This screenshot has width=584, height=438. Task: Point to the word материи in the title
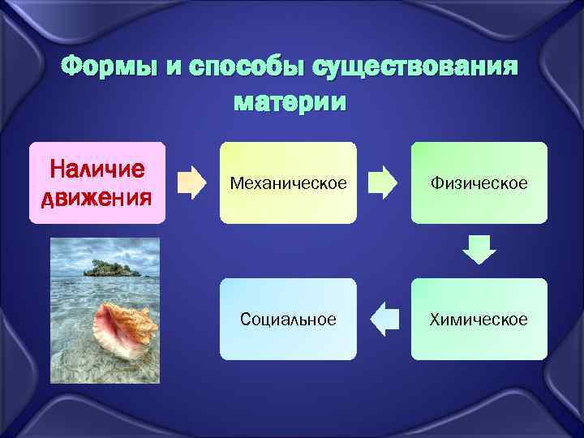290,103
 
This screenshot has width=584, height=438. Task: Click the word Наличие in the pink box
97,170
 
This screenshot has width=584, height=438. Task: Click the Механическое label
288,184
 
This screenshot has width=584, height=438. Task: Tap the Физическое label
479,184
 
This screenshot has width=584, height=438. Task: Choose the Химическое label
479,320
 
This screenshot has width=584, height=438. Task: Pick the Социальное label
288,320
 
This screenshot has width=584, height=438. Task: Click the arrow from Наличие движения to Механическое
192,182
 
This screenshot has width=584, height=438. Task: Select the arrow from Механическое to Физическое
384,182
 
